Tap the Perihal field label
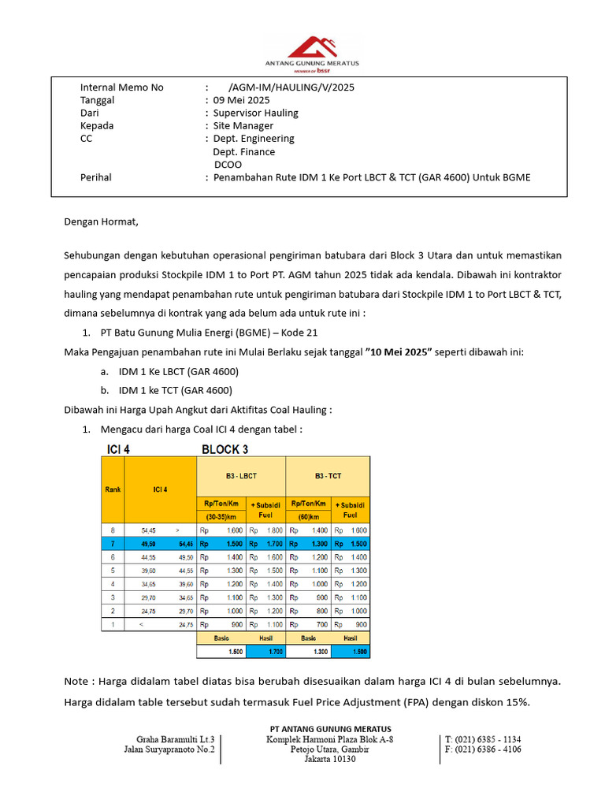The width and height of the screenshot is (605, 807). (96, 177)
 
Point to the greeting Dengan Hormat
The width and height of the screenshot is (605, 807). (101, 221)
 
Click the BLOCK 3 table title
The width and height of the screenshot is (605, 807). (225, 449)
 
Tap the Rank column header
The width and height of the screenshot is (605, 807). (113, 489)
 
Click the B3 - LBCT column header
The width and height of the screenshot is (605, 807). (240, 476)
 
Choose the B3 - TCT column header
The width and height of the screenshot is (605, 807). (328, 476)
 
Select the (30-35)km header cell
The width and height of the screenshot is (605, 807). (221, 516)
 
